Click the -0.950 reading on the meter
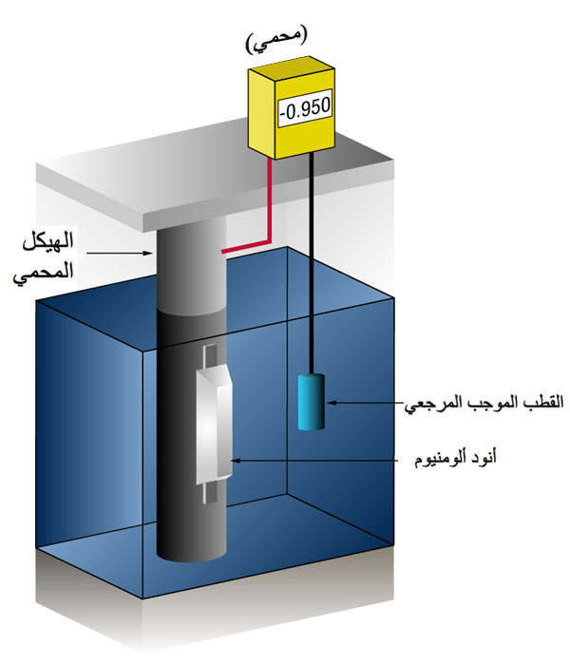click(305, 107)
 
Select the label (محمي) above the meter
click(275, 41)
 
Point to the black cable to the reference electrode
click(313, 263)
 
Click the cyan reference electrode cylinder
click(312, 402)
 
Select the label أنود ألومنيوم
click(455, 459)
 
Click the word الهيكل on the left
click(48, 241)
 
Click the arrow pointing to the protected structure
click(119, 254)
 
